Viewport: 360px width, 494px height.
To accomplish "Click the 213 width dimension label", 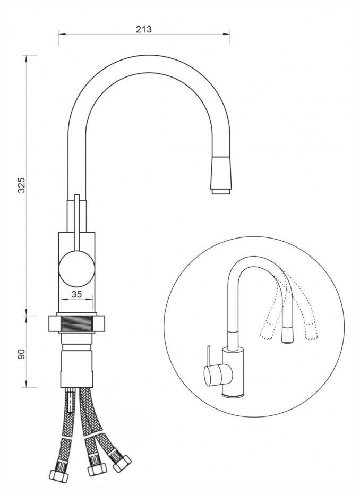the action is click(x=143, y=29).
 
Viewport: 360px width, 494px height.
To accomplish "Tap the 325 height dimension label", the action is click(x=21, y=185).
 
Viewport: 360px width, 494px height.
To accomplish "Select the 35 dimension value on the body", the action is click(x=76, y=294).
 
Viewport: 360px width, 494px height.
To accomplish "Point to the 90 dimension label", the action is click(x=21, y=354).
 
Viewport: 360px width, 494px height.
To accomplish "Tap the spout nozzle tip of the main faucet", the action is click(x=222, y=191).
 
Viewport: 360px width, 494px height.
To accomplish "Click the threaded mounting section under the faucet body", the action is click(x=76, y=324).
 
